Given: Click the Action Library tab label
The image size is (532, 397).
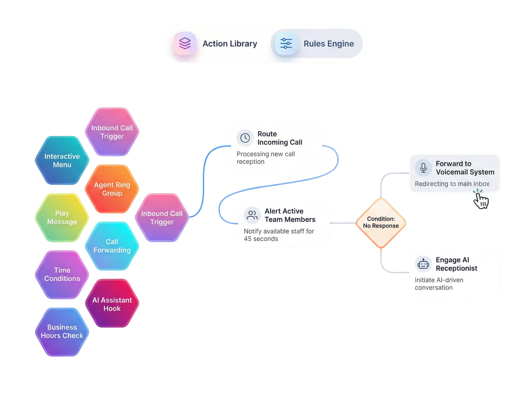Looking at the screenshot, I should [x=230, y=44].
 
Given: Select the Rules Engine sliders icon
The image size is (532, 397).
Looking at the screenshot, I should [x=286, y=43].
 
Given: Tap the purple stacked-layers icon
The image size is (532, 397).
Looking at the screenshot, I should [x=185, y=43].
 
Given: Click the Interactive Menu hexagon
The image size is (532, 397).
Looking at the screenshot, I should [x=62, y=160].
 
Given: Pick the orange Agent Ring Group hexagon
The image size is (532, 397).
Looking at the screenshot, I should [x=112, y=189].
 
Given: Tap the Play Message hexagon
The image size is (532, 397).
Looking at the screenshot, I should [x=62, y=218].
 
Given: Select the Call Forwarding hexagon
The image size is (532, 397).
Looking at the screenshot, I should [x=112, y=246].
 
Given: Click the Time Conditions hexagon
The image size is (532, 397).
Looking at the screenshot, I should [x=62, y=274].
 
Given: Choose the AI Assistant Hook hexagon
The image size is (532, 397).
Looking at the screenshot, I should [x=112, y=304].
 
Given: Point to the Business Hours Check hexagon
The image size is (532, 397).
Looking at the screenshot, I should [x=62, y=331].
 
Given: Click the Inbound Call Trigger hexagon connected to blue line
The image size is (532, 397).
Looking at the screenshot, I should [x=162, y=218].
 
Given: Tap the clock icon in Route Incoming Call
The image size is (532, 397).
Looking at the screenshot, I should [x=245, y=138].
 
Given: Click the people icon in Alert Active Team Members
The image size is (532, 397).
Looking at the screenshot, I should [x=252, y=215].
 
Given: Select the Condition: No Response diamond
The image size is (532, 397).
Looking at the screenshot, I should [x=381, y=222].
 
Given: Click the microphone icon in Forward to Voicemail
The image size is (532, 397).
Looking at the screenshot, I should [x=423, y=167].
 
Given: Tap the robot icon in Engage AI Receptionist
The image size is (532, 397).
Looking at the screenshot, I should [x=423, y=264].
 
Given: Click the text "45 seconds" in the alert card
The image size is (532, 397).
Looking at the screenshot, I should [x=261, y=239].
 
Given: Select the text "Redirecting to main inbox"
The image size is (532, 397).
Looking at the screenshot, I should [x=452, y=184].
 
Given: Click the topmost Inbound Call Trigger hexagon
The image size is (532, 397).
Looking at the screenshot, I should [x=112, y=132].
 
